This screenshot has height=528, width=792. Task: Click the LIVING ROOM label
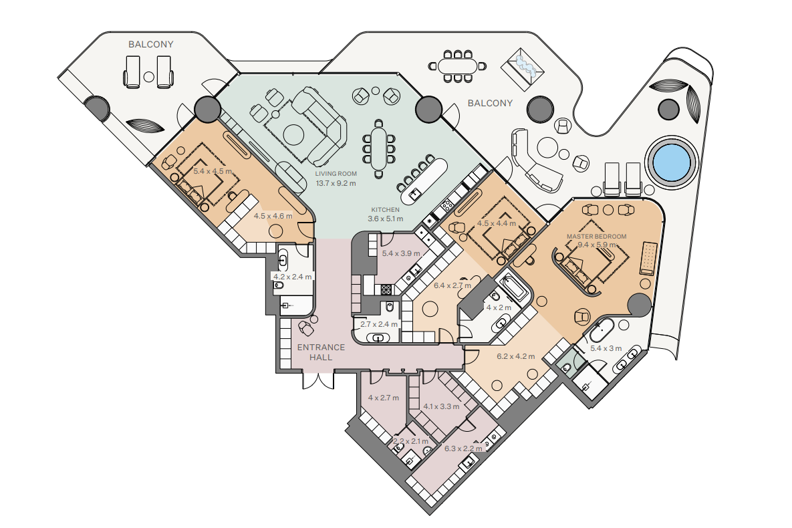[x=336, y=174]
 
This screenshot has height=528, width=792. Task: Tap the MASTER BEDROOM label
[x=596, y=237]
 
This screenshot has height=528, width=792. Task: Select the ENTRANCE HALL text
[x=321, y=352]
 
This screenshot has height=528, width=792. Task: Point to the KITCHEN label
[x=386, y=210]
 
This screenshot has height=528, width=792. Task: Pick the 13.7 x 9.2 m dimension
[x=336, y=183]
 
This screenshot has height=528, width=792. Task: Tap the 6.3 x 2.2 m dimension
[x=463, y=448]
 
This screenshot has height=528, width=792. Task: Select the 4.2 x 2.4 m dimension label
[x=293, y=277]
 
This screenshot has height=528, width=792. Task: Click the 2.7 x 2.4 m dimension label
[x=379, y=324]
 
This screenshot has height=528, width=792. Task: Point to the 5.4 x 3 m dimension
[x=606, y=349]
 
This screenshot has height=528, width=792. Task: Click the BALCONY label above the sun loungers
[x=150, y=45]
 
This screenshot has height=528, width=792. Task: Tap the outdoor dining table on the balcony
[x=458, y=66]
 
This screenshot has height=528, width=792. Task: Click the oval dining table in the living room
[x=378, y=149]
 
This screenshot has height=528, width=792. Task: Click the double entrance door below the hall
[x=318, y=380]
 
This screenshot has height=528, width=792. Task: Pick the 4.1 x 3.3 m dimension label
[x=442, y=407]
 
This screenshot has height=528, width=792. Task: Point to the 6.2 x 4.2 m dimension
[x=516, y=357]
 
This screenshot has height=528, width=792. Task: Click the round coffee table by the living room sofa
[x=293, y=134]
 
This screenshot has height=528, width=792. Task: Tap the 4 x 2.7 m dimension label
[x=384, y=398]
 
